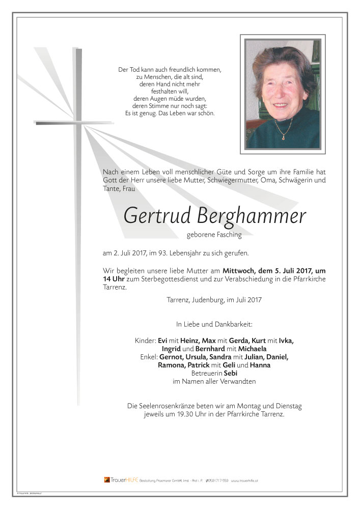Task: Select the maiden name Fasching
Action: [x=228, y=235]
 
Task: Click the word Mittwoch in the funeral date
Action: [x=239, y=271]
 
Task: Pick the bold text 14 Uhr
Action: [x=113, y=279]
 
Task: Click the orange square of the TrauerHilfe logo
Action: [x=107, y=479]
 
